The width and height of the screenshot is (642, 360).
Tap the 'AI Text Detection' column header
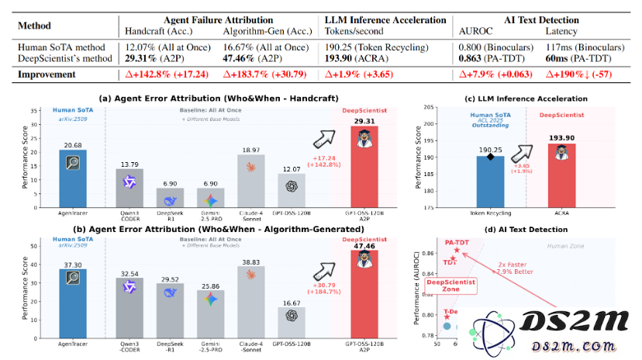pyautogui.click(x=530, y=19)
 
